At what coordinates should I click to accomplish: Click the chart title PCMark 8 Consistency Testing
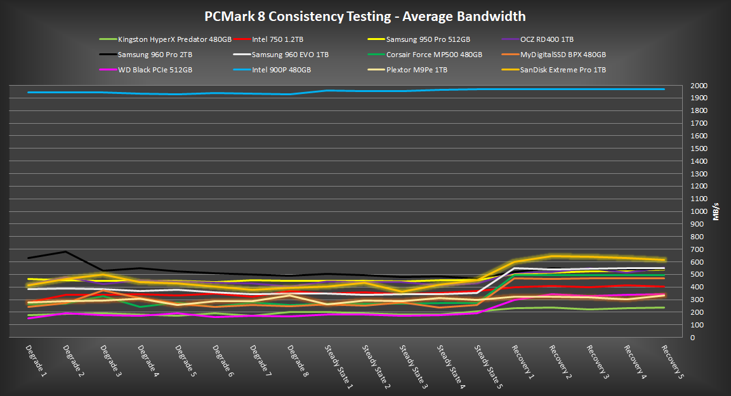coord(365,16)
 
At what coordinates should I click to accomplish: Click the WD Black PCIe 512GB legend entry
coord(155,70)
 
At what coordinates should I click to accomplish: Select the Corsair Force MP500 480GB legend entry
coord(434,55)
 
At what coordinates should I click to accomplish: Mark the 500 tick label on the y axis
coord(698,274)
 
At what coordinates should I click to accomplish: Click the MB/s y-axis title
coord(716,211)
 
